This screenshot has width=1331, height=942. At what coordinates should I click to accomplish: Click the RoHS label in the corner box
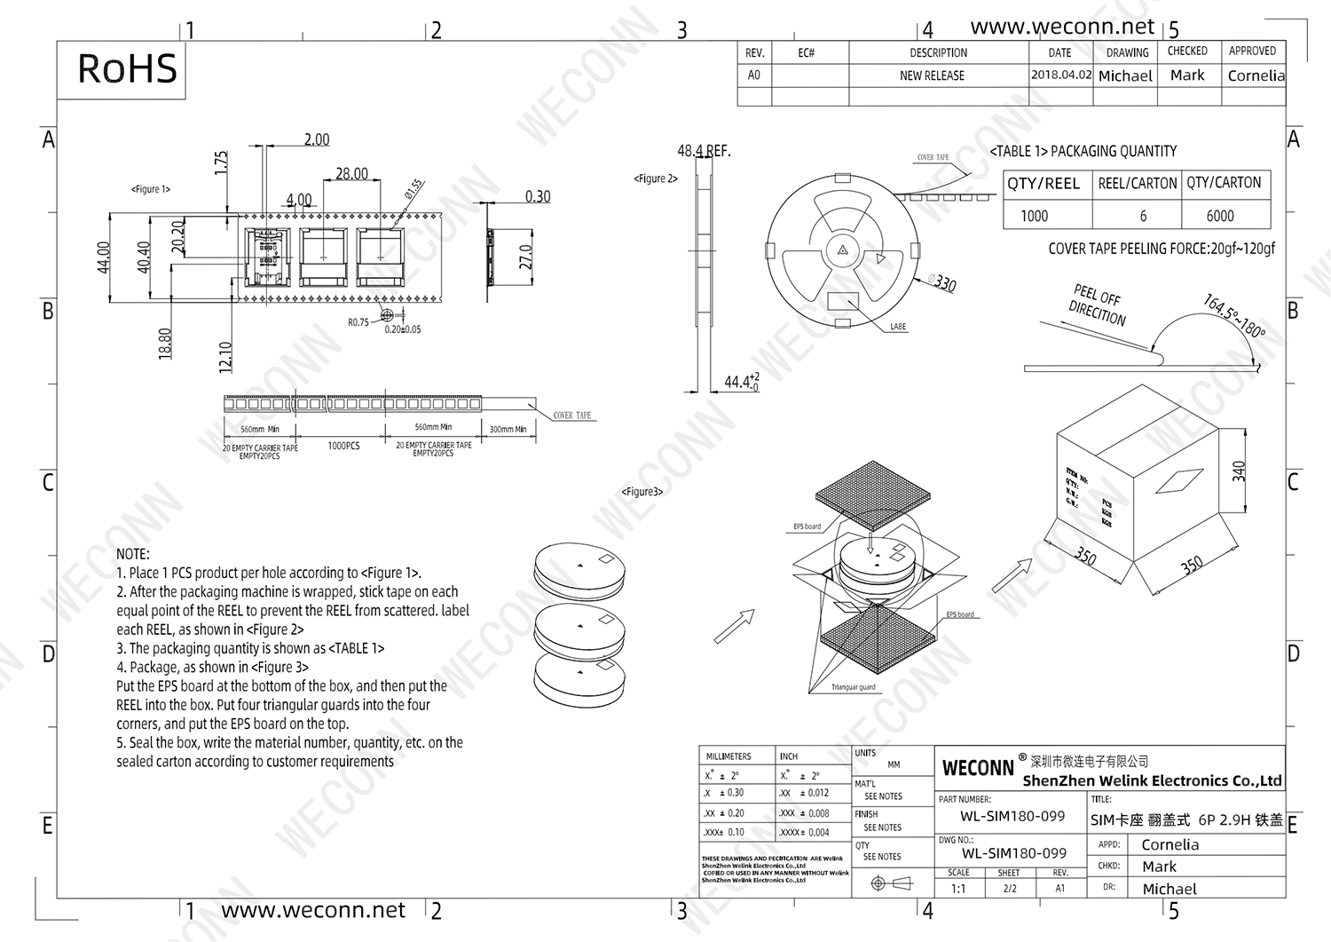click(x=127, y=69)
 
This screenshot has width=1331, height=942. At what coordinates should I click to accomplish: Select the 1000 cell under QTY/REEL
click(x=1034, y=216)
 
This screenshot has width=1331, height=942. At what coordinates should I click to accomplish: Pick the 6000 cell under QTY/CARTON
click(x=1220, y=216)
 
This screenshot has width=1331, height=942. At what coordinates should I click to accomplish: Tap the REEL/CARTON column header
click(x=1137, y=183)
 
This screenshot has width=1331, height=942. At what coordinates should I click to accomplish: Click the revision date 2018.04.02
click(x=1060, y=75)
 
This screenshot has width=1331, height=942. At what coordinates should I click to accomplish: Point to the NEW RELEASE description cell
click(x=932, y=75)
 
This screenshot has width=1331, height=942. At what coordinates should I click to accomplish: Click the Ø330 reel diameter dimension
click(x=942, y=283)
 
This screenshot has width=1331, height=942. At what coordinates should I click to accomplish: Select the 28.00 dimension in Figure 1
click(x=351, y=173)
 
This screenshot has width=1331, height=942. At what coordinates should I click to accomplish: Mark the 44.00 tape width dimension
click(x=104, y=257)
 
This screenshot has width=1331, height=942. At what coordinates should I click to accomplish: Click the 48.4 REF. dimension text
click(x=704, y=151)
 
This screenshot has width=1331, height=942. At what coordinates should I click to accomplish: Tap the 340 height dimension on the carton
click(x=1239, y=471)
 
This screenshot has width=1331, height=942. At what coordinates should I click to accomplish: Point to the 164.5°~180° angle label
click(x=1233, y=315)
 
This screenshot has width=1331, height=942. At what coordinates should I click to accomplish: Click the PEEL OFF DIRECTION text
click(x=1097, y=305)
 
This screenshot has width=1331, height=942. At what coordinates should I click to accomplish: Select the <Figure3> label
click(x=642, y=491)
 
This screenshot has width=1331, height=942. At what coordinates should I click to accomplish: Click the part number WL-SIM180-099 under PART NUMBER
click(x=1012, y=816)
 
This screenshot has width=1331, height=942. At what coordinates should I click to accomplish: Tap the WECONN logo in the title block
click(x=977, y=768)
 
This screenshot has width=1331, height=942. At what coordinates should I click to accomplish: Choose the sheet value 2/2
click(x=1010, y=888)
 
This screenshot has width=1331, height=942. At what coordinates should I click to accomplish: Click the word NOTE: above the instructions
click(x=133, y=554)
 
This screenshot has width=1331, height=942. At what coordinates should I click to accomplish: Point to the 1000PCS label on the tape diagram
click(x=343, y=446)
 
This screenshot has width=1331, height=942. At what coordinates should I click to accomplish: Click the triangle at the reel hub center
click(x=839, y=250)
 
